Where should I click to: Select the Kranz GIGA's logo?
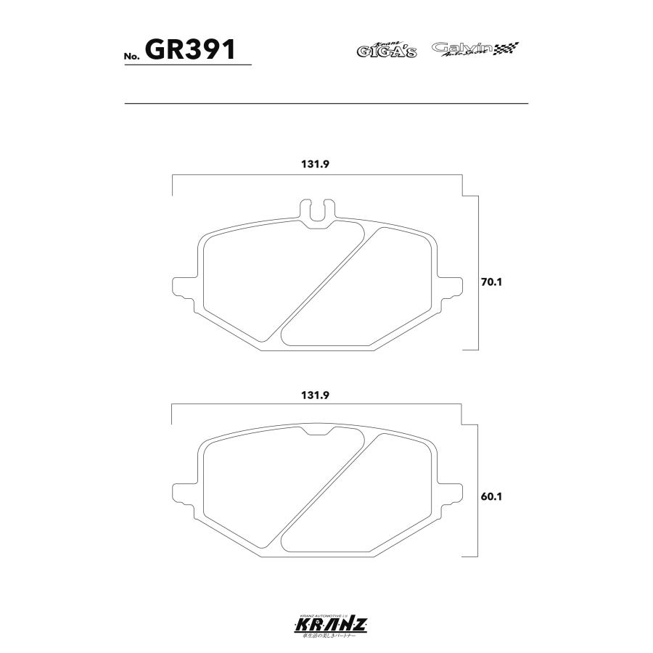(386, 50)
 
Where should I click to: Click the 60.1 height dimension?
(491, 497)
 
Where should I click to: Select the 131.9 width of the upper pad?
(316, 164)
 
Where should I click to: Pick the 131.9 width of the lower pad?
(316, 395)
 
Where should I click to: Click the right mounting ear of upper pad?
(450, 285)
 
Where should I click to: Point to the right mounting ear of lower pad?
(450, 491)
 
